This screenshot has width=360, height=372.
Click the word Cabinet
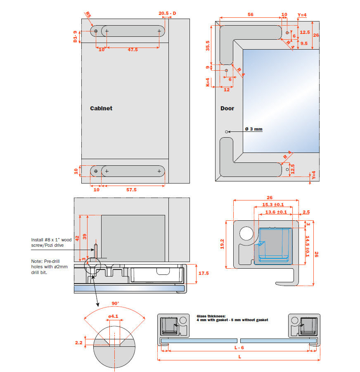[x=101, y=108]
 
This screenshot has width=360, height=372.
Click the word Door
[x=227, y=108]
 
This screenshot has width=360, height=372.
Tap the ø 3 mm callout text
[x=253, y=129]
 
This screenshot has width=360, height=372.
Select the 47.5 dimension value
[x=133, y=50]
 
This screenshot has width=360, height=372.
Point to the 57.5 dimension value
[x=132, y=189]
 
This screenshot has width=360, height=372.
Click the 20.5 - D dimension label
[x=167, y=13]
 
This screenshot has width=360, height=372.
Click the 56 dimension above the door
[x=251, y=14]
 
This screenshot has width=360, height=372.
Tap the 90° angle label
[x=115, y=303]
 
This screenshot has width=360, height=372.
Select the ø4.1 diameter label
[x=114, y=317]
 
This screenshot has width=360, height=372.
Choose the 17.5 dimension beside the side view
[x=204, y=273]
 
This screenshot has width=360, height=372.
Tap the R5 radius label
[x=88, y=15]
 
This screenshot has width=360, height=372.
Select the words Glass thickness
[x=211, y=316]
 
